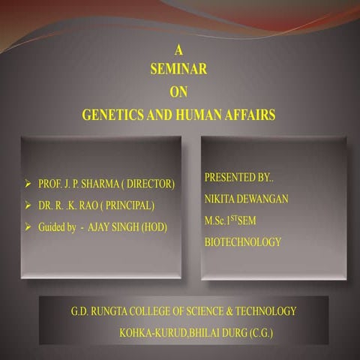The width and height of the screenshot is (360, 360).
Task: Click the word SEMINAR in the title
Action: click(x=178, y=69)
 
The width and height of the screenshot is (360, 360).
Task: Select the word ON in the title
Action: click(x=178, y=92)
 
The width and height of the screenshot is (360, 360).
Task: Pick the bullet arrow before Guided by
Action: click(x=28, y=226)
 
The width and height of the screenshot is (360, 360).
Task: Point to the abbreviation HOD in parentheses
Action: click(x=154, y=226)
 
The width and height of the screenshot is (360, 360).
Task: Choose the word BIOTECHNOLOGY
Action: click(x=243, y=242)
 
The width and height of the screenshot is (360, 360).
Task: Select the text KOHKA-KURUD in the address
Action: click(x=148, y=331)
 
